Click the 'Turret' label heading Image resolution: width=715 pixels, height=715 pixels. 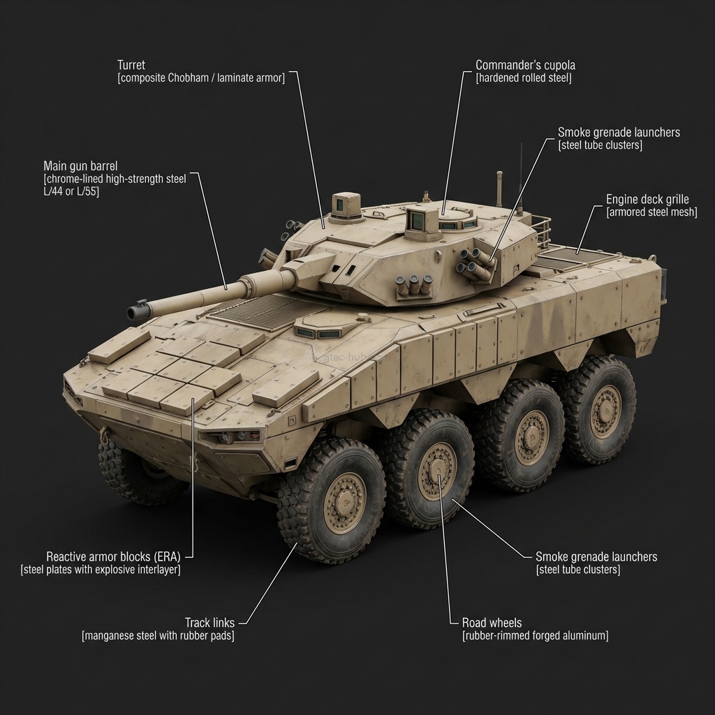(x=131, y=65)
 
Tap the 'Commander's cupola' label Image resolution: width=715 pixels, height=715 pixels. (x=525, y=66)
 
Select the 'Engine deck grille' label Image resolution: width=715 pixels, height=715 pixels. (x=647, y=200)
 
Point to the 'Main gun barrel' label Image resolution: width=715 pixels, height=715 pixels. (x=80, y=166)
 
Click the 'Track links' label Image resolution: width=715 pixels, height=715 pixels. (x=209, y=623)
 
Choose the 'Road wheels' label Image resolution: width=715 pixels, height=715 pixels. (x=492, y=623)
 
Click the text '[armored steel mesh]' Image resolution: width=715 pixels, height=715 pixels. (x=651, y=212)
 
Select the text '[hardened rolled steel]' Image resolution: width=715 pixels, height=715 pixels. (x=523, y=78)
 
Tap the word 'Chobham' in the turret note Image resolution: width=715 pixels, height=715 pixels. (x=188, y=78)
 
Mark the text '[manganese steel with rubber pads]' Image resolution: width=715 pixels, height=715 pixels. (x=158, y=636)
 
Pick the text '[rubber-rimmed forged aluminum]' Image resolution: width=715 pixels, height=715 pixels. (x=535, y=636)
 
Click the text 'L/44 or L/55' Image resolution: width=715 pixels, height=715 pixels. (x=71, y=192)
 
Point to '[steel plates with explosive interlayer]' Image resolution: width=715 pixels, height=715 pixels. (x=101, y=570)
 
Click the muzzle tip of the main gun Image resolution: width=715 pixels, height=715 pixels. (x=133, y=311)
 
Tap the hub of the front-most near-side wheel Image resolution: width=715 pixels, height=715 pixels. (x=345, y=502)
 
